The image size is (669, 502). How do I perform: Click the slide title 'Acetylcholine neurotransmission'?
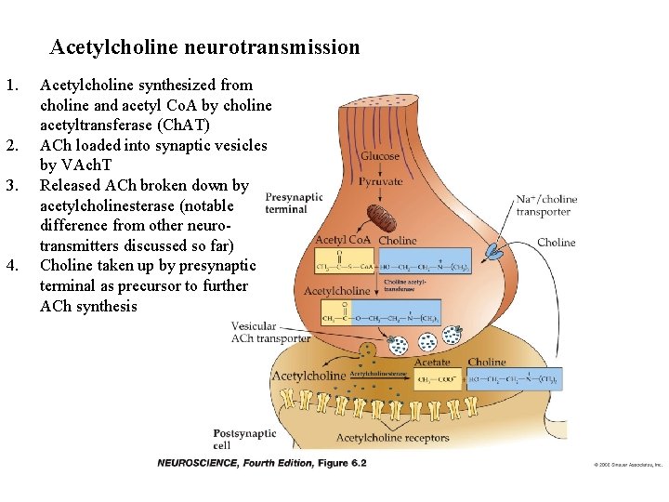(x=204, y=46)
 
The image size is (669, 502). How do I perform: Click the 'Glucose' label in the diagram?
(x=380, y=156)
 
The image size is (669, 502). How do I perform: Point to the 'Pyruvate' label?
(x=381, y=180)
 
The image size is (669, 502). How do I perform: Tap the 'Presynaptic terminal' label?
(x=294, y=203)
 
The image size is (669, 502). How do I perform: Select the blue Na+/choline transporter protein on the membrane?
(x=492, y=249)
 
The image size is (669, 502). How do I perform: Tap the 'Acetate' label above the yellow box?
(x=432, y=363)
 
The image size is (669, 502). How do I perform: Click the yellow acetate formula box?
(x=438, y=379)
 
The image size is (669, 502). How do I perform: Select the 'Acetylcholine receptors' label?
(x=392, y=438)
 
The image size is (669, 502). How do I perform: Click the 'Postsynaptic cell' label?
(x=244, y=439)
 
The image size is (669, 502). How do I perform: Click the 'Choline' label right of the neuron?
(x=556, y=243)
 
